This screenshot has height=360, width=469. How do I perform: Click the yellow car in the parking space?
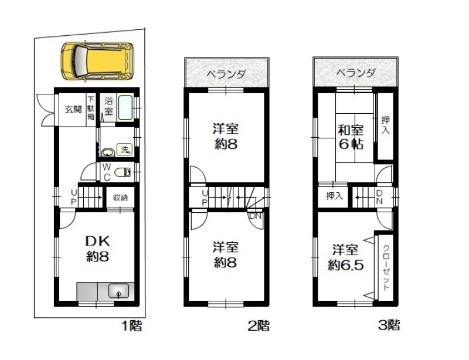(97, 62)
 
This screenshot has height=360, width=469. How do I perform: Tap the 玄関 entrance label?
(73, 110)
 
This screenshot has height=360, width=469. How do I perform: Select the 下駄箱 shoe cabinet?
(91, 108)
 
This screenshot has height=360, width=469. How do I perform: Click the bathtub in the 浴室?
(125, 108)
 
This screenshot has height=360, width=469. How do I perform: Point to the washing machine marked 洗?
(125, 149)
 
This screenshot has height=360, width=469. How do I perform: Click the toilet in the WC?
(123, 172)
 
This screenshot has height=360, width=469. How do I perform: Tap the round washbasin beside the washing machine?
(108, 152)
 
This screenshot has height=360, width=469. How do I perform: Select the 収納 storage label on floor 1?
(120, 198)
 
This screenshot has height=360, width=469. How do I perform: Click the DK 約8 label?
(97, 248)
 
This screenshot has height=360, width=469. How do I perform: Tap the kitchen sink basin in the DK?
(119, 291)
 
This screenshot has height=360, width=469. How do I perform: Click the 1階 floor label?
(131, 325)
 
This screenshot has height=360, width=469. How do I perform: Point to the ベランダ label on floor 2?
(226, 74)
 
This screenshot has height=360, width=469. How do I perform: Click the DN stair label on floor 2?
(255, 216)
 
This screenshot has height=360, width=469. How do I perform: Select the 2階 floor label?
(259, 325)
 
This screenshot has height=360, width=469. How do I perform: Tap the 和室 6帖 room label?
(351, 137)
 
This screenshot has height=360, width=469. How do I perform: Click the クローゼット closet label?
(386, 267)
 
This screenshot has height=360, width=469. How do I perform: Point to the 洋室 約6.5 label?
(345, 257)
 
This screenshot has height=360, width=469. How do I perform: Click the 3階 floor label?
(389, 325)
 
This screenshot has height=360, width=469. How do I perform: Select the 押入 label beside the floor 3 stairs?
(334, 196)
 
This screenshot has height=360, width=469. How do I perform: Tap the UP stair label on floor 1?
(74, 197)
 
